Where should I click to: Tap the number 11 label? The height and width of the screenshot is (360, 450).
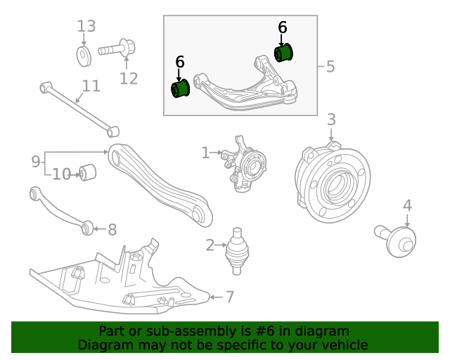pyautogui.click(x=91, y=86)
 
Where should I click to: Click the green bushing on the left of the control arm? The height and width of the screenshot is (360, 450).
pyautogui.click(x=181, y=89)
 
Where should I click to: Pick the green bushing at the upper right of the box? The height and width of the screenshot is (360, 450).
pyautogui.click(x=283, y=52)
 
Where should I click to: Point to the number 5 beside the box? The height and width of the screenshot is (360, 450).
pyautogui.click(x=330, y=67)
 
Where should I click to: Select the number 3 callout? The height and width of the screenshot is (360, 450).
pyautogui.click(x=331, y=120)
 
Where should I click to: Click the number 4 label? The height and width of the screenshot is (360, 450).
pyautogui.click(x=407, y=205)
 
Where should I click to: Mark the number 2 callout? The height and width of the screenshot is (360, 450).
pyautogui.click(x=210, y=245)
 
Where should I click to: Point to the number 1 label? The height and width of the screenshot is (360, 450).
pyautogui.click(x=205, y=153)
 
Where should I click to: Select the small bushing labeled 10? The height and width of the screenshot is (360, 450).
pyautogui.click(x=88, y=172)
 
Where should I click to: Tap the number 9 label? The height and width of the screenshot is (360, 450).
pyautogui.click(x=36, y=162)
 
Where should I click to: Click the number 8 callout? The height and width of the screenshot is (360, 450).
pyautogui.click(x=112, y=229)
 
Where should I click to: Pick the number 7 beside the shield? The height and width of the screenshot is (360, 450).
pyautogui.click(x=229, y=297)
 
